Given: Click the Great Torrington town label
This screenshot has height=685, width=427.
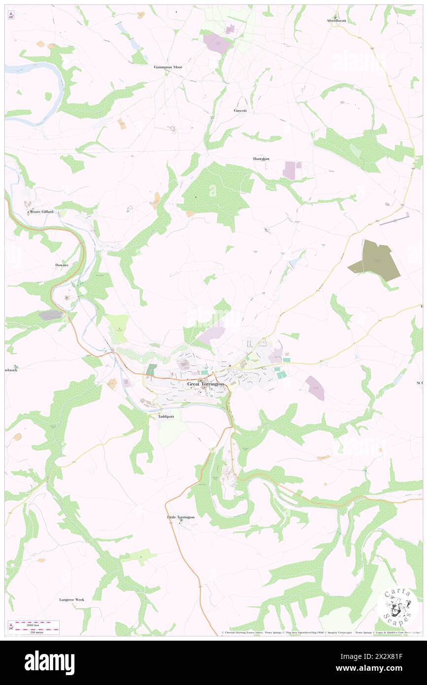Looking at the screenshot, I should (206, 384).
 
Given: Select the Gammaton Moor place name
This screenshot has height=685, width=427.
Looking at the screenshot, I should (168, 67).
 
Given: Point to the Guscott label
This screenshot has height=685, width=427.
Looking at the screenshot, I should (240, 110).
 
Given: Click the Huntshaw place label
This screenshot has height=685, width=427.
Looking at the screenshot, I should (261, 159).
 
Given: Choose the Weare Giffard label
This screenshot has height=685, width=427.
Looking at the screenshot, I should (41, 212).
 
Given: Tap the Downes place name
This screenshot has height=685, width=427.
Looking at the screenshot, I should (62, 265).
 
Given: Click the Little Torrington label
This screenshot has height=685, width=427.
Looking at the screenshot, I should (181, 517).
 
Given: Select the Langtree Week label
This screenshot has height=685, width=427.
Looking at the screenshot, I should (72, 600).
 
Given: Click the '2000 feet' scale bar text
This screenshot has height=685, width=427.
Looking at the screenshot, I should (34, 623).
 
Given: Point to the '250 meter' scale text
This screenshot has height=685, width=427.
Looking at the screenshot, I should (34, 631).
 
